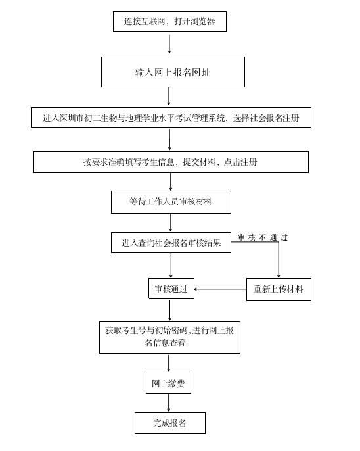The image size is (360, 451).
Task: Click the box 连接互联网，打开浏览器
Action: (x=169, y=21)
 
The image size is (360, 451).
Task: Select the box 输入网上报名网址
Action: (x=173, y=72)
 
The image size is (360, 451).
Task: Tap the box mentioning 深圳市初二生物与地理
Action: (x=171, y=117)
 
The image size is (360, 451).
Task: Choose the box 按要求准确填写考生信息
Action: (x=171, y=162)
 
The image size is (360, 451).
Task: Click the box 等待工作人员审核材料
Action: (x=171, y=202)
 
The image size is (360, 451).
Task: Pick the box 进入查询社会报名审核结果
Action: (x=171, y=243)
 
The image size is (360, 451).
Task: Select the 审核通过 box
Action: (x=171, y=289)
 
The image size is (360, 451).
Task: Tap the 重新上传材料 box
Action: (x=279, y=289)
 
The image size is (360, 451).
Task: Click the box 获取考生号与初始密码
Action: (x=169, y=337)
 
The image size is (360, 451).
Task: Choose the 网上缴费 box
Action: (x=168, y=383)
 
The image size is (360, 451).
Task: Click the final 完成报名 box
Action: (x=170, y=423)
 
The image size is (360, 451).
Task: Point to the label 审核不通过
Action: (x=263, y=237)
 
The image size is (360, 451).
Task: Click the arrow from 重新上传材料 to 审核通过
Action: (x=220, y=289)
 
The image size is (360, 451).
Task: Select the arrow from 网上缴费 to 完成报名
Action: (x=168, y=403)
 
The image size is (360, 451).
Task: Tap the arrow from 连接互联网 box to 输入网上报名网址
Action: (x=169, y=44)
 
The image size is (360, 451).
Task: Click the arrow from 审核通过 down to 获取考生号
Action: (x=169, y=310)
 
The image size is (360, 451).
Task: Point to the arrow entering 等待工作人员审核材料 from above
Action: (x=171, y=181)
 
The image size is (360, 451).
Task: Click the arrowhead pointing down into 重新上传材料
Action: (x=279, y=276)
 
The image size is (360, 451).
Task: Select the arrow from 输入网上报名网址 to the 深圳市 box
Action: (x=169, y=97)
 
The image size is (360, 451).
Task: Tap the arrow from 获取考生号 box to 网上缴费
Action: (x=168, y=364)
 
